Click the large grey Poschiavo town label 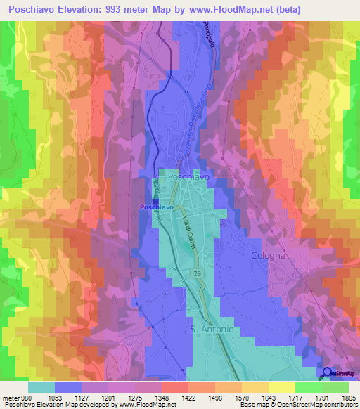(188, 178)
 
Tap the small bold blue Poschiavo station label (156, 207)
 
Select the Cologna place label (269, 256)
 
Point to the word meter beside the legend (11, 397)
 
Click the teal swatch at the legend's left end (41, 387)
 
